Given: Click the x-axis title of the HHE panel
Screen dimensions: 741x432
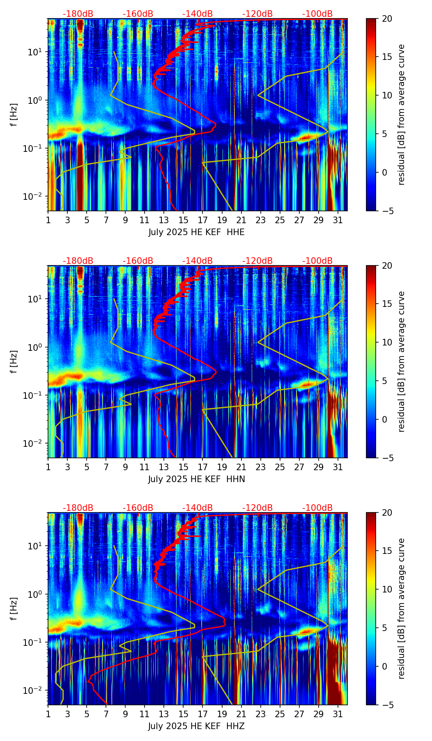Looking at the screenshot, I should [196, 232].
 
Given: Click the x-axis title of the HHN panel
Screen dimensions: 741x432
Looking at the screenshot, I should [196, 479].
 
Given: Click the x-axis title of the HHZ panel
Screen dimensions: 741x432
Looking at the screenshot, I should [196, 726].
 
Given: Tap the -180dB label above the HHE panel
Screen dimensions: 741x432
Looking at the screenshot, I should [78, 14].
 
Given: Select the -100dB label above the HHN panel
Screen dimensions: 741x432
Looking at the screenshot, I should [317, 261].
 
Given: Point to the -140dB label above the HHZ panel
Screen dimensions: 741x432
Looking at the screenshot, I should [198, 508].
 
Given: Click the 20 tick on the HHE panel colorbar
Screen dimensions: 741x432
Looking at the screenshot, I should [386, 18].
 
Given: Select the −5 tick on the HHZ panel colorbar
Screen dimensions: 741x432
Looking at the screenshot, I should [386, 705].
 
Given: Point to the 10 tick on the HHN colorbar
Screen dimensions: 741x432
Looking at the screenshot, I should [386, 342].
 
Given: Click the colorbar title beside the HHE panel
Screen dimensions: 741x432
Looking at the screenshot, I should [401, 114].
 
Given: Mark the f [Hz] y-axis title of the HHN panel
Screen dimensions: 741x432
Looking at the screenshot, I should [14, 361].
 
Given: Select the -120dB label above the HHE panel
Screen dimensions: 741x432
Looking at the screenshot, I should [257, 14].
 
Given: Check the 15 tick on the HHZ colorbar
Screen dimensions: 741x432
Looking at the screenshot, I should [386, 551].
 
